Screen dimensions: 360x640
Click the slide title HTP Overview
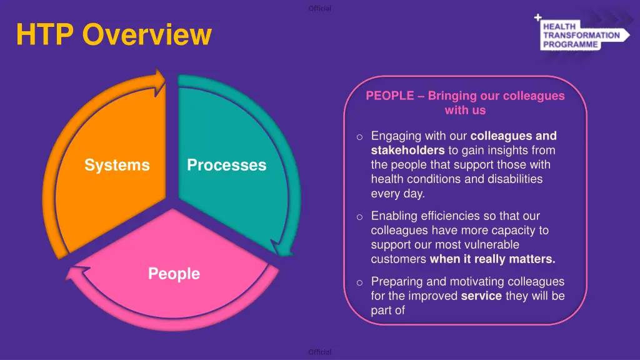point(114,34)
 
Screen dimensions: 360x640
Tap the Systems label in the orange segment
point(117,165)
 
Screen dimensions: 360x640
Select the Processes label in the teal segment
point(226,165)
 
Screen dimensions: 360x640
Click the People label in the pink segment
point(174,274)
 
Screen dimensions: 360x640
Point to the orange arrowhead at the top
point(159,79)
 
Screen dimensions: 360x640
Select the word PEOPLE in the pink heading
point(390,96)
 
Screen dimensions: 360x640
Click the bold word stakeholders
point(407,150)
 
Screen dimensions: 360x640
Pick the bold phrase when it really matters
point(492,259)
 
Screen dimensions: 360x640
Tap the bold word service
point(481,296)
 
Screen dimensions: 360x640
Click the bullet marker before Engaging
point(359,137)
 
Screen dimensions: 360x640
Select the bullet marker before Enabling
point(359,217)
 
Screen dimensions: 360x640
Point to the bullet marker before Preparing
point(359,282)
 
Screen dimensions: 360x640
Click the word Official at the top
point(320,8)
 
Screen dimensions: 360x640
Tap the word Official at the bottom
point(320,352)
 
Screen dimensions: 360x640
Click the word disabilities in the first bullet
point(504,179)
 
